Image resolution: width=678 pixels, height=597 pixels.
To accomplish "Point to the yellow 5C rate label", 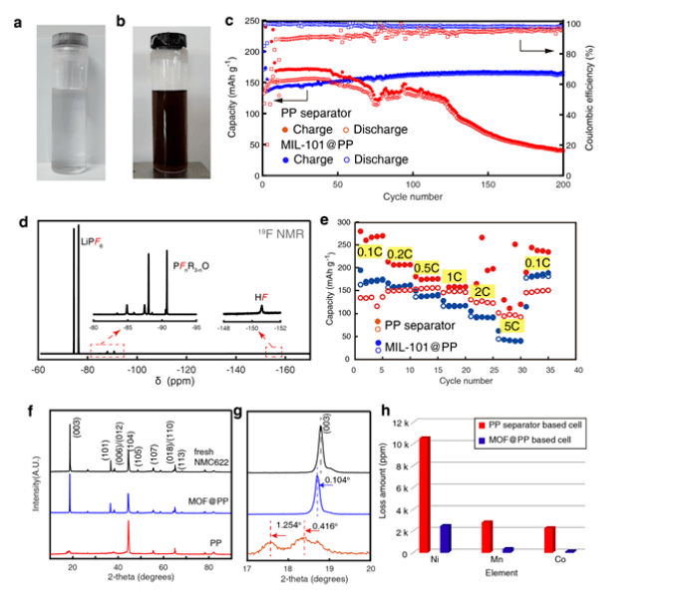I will (x=510, y=326).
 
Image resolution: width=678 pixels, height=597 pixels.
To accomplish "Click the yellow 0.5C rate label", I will (x=427, y=269).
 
